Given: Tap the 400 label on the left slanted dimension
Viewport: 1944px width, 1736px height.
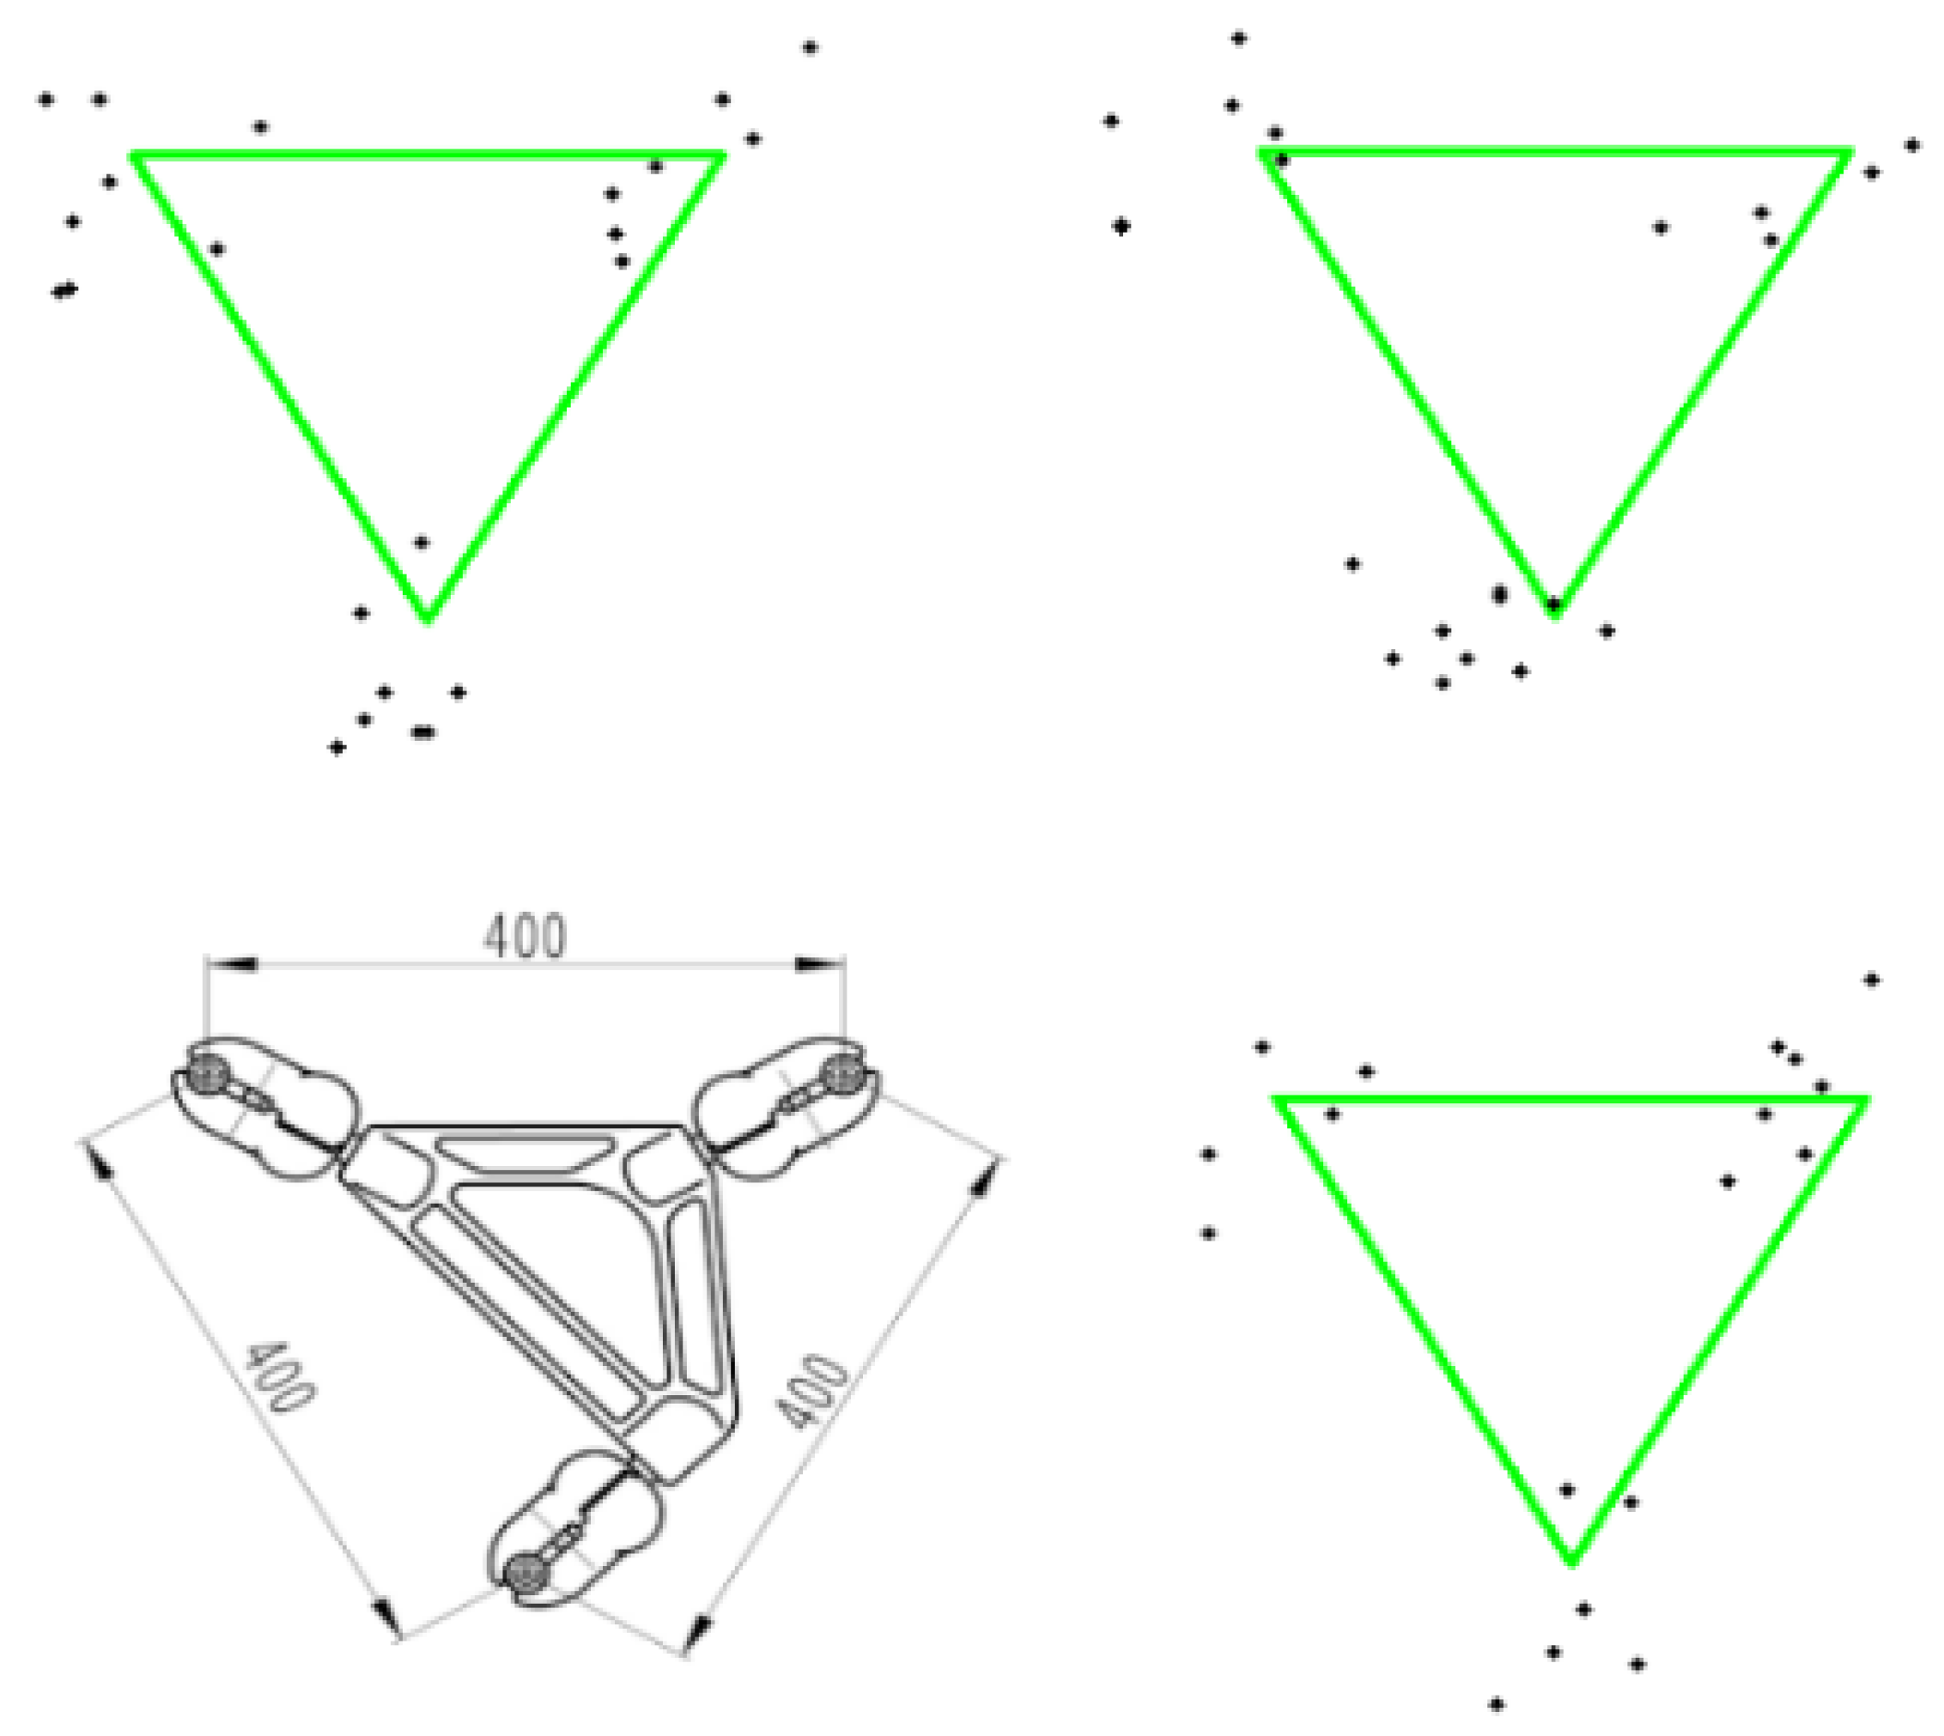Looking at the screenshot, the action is tap(279, 1377).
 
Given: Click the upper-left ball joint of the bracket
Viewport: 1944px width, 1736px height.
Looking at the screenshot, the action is tap(209, 1076).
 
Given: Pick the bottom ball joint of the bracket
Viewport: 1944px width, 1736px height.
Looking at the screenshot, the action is tap(526, 1570).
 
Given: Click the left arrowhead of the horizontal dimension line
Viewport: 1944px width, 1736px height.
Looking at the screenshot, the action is tap(232, 964).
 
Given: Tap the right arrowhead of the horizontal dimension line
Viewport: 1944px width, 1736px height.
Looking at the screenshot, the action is tap(819, 964).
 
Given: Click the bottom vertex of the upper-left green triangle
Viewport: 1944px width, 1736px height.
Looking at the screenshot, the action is tap(428, 620).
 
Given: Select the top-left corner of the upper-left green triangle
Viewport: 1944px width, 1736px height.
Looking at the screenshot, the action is tap(135, 154).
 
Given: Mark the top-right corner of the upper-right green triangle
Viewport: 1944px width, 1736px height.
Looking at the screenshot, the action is tap(1850, 153).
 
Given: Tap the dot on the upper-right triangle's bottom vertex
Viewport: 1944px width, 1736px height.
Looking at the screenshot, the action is tap(1554, 604).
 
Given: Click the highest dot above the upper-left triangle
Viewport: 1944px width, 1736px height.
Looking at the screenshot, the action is tap(810, 46).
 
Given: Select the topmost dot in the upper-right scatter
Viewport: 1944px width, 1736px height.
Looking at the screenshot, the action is tap(1238, 38).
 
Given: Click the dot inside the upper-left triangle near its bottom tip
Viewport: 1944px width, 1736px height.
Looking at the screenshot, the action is tap(422, 543).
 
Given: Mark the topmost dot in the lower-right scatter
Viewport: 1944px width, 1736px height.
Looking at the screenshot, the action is tap(1872, 980).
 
